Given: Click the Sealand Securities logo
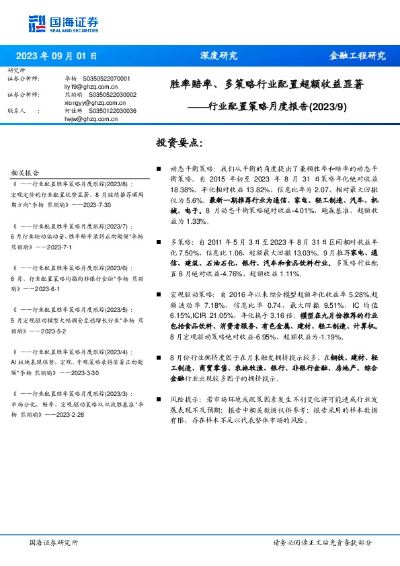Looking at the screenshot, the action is tap(64, 23).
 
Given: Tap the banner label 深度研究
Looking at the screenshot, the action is tap(218, 56).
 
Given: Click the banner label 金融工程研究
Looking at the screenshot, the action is tap(356, 56).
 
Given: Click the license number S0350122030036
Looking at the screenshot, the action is tap(111, 111).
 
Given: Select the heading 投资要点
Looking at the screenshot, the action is tap(178, 143).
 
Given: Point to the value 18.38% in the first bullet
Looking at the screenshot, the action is tap(182, 191).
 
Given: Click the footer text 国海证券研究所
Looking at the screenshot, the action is tap(54, 542).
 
